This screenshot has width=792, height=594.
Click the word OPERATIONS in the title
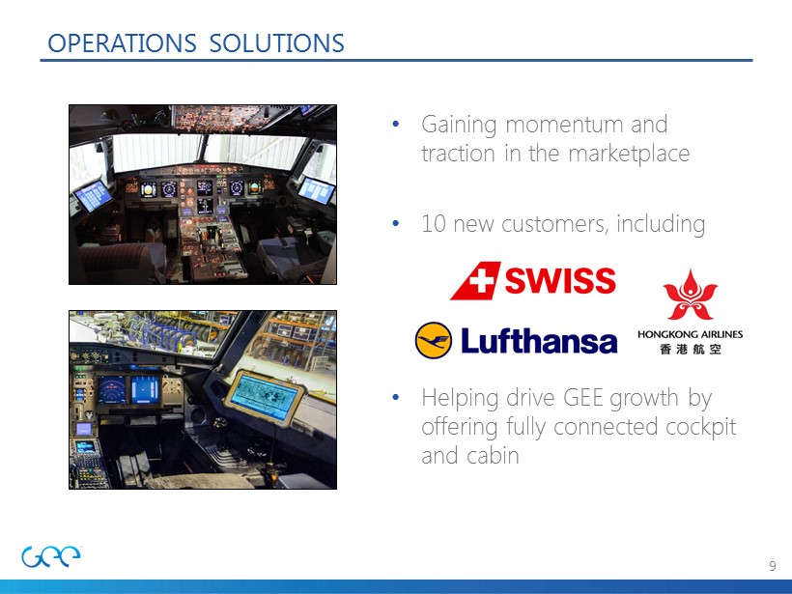point(122,42)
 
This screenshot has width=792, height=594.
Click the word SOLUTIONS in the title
point(277,42)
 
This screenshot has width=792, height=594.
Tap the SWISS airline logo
point(533,281)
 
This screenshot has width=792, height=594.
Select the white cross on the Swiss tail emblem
point(482,280)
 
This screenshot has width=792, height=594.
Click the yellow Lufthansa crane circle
point(434,340)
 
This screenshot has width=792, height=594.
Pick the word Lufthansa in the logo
point(539,340)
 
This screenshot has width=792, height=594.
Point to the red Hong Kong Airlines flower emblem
point(690,296)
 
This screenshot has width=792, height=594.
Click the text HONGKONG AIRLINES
point(690,334)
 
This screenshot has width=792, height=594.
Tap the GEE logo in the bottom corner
point(51,556)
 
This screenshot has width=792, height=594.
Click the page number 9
point(773,566)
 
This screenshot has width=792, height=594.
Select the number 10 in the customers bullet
point(434,224)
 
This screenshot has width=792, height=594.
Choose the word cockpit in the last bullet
point(700,427)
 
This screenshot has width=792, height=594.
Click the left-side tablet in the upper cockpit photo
point(93,195)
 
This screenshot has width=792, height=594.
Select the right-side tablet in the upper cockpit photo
point(316,190)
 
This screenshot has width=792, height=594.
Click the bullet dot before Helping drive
point(395,397)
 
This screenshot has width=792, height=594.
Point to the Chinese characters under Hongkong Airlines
point(690,349)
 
